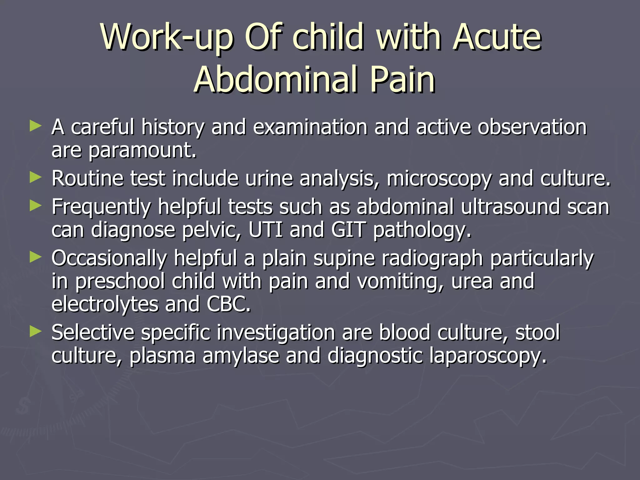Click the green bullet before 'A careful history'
pyautogui.click(x=35, y=127)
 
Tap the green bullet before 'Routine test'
pyautogui.click(x=35, y=177)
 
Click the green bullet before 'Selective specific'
pyautogui.click(x=35, y=331)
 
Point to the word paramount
pyautogui.click(x=142, y=151)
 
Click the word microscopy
pyautogui.click(x=439, y=179)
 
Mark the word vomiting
pyautogui.click(x=400, y=281)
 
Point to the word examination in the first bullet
pyautogui.click(x=310, y=127)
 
